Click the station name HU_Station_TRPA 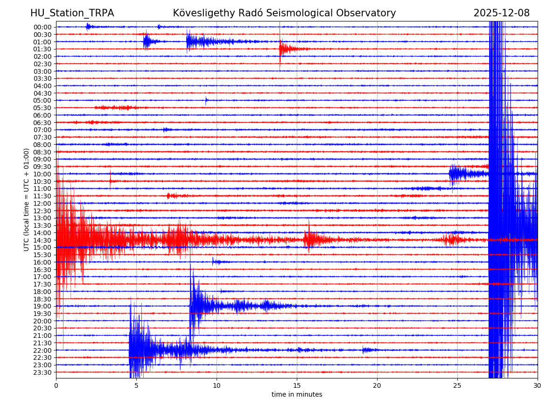pyautogui.click(x=72, y=13)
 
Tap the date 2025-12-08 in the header pyautogui.click(x=501, y=13)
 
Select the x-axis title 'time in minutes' pyautogui.click(x=297, y=394)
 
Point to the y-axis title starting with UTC pyautogui.click(x=27, y=199)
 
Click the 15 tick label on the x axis pyautogui.click(x=297, y=385)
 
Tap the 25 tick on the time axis pyautogui.click(x=457, y=385)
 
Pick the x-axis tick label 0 pyautogui.click(x=56, y=385)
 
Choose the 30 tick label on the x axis pyautogui.click(x=538, y=385)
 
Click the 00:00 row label pyautogui.click(x=42, y=27)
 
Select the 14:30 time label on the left pyautogui.click(x=42, y=240)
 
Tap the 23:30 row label pyautogui.click(x=42, y=372)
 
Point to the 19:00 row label pyautogui.click(x=42, y=306)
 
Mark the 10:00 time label pyautogui.click(x=42, y=174)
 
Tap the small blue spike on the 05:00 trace pyautogui.click(x=206, y=100)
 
